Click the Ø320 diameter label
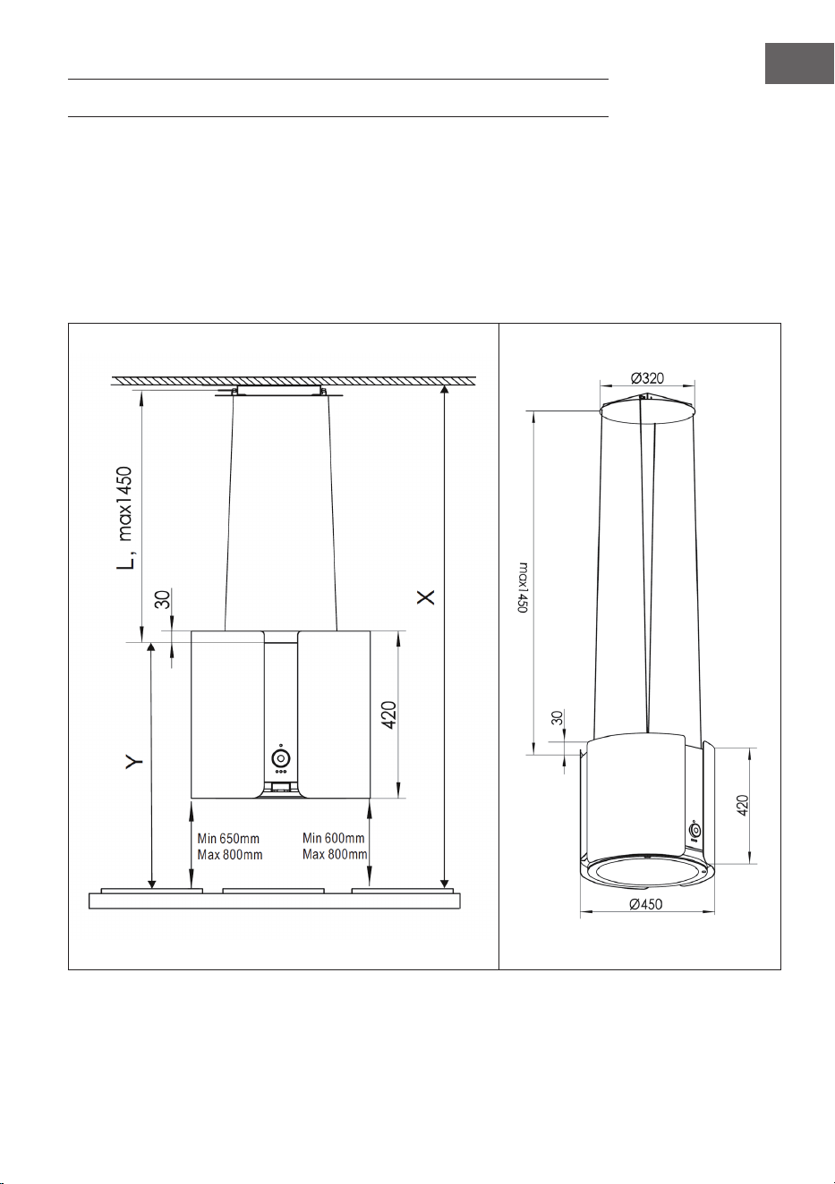point(647,378)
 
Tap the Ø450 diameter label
point(645,904)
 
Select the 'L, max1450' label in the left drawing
point(126,518)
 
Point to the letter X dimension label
point(426,596)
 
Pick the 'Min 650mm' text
point(228,838)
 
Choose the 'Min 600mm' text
point(333,838)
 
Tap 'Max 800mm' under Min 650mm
point(230,855)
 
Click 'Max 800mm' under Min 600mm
point(335,854)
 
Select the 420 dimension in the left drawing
point(389,715)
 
